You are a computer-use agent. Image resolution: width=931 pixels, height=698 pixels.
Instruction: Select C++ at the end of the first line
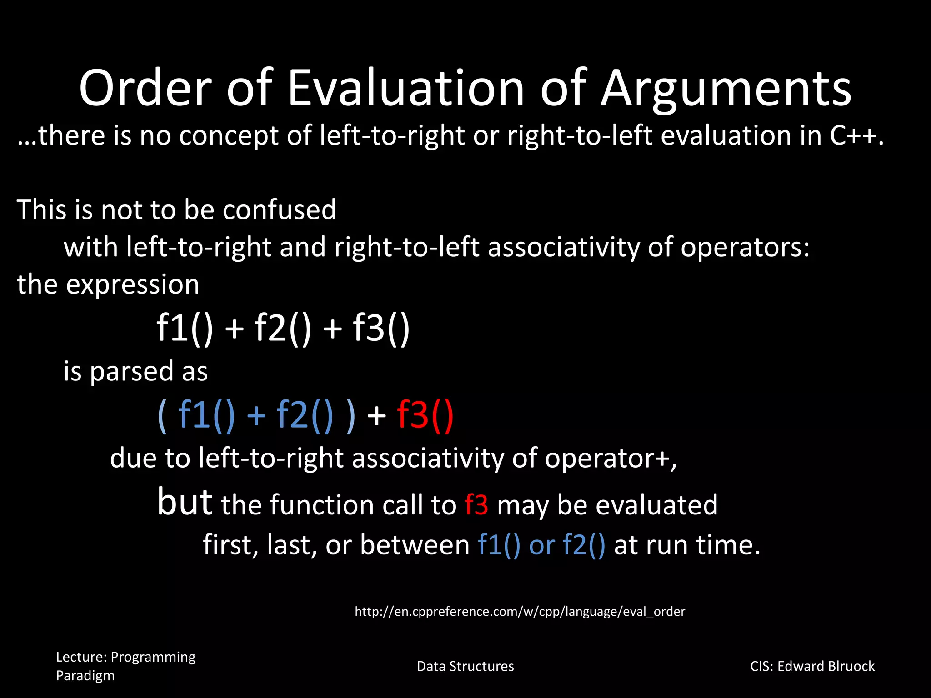tap(856, 135)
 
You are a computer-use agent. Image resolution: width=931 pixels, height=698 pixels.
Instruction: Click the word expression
tap(132, 285)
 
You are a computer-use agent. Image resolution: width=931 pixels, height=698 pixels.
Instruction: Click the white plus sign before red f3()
tap(376, 416)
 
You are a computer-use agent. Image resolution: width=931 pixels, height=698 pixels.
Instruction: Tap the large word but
tap(185, 502)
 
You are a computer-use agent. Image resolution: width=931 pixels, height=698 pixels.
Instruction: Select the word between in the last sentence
tap(415, 545)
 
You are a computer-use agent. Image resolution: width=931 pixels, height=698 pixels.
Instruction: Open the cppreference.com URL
tap(520, 612)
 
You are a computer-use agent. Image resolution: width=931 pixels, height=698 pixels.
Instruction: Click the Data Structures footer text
tap(465, 666)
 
